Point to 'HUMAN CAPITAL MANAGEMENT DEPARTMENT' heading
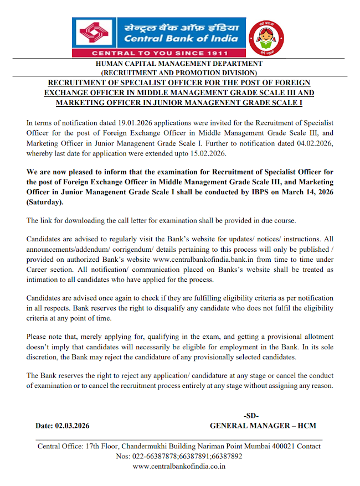179,64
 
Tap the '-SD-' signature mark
251,415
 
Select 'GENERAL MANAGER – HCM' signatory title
263,426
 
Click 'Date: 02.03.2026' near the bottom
62,426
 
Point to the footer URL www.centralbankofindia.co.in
179,467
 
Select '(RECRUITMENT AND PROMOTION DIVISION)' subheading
179,73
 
